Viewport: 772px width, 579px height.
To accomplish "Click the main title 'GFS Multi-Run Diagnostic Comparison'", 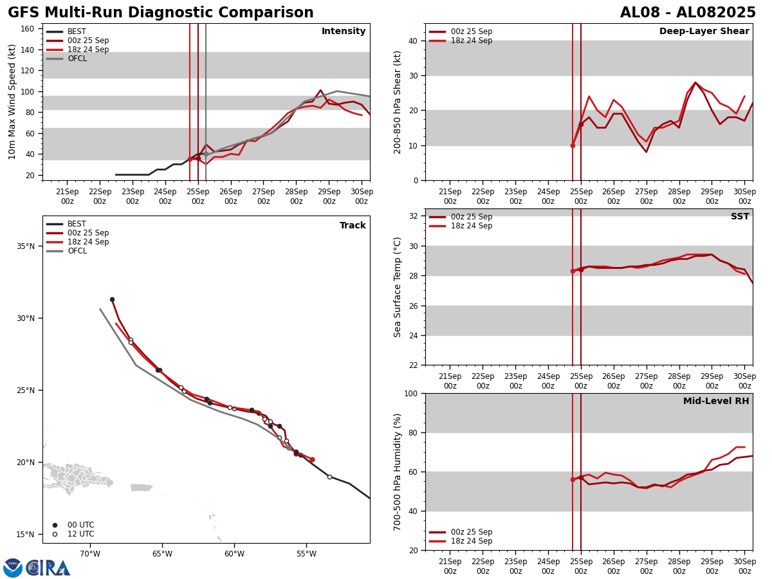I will point(161,13).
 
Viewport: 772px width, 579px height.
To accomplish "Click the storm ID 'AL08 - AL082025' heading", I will point(688,13).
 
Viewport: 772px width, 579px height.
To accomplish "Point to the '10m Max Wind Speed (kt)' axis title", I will point(12,102).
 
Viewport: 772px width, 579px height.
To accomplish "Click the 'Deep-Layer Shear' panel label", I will point(704,32).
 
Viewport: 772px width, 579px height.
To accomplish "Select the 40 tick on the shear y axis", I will point(412,41).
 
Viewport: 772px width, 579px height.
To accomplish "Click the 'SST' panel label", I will point(739,217).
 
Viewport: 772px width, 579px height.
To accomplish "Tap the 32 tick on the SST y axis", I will point(412,216).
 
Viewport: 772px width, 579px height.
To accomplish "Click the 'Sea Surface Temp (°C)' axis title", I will point(398,287).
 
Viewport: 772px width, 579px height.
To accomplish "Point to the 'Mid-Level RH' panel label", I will point(715,401).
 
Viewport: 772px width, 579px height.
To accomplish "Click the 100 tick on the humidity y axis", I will point(409,393).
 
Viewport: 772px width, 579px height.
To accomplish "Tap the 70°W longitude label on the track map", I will point(90,555).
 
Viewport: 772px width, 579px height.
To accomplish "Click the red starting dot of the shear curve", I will point(573,145).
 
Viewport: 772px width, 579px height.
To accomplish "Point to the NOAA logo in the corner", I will point(13,568).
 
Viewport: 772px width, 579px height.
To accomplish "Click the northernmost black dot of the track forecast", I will point(112,299).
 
